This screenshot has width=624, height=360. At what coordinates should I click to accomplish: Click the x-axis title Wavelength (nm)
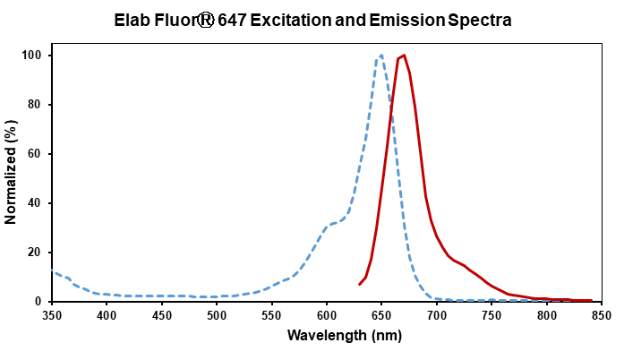(327, 336)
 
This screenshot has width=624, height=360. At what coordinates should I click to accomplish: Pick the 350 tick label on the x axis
(52, 314)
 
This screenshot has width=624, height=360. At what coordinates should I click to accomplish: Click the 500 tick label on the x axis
(217, 314)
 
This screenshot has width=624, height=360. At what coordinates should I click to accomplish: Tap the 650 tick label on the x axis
(381, 314)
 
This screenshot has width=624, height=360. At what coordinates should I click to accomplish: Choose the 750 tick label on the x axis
(492, 314)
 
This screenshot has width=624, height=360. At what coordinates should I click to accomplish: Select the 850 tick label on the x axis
(602, 314)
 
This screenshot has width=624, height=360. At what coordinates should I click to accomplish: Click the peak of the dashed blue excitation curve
(381, 55)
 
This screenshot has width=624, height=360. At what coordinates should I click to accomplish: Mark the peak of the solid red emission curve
(404, 56)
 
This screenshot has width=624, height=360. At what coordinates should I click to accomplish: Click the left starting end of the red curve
(360, 285)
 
